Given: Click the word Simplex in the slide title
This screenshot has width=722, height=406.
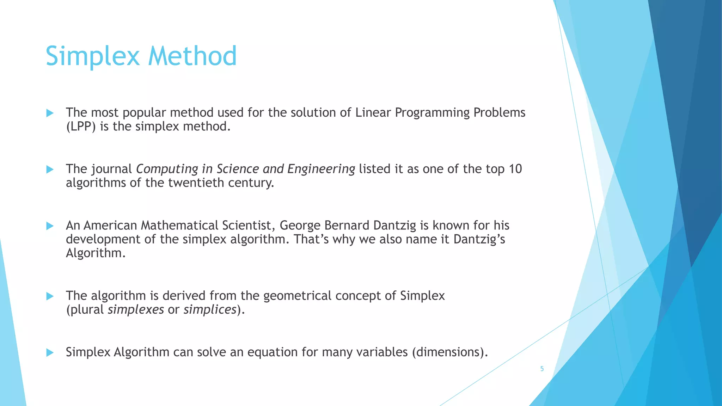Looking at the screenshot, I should click(93, 56).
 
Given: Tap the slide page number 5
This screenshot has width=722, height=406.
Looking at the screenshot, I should click(542, 369).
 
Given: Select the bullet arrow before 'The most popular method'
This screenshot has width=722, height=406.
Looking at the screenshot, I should click(50, 113).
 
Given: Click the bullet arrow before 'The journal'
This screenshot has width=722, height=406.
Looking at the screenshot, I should click(50, 170).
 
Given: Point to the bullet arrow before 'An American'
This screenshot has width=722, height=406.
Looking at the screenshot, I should click(50, 226).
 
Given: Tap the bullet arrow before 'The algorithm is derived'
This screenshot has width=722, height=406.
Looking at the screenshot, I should click(50, 296).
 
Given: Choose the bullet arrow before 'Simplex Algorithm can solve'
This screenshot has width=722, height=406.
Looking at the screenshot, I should click(50, 352).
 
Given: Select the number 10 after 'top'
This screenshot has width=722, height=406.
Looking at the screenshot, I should click(515, 169).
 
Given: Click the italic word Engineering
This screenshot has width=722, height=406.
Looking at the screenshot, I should click(321, 170).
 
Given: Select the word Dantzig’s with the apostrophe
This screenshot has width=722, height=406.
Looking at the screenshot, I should click(479, 239).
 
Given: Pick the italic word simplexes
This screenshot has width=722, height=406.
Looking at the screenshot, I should click(136, 310).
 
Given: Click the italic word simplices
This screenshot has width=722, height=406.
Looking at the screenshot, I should click(210, 310).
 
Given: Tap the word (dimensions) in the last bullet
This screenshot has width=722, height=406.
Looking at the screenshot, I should click(450, 352).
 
